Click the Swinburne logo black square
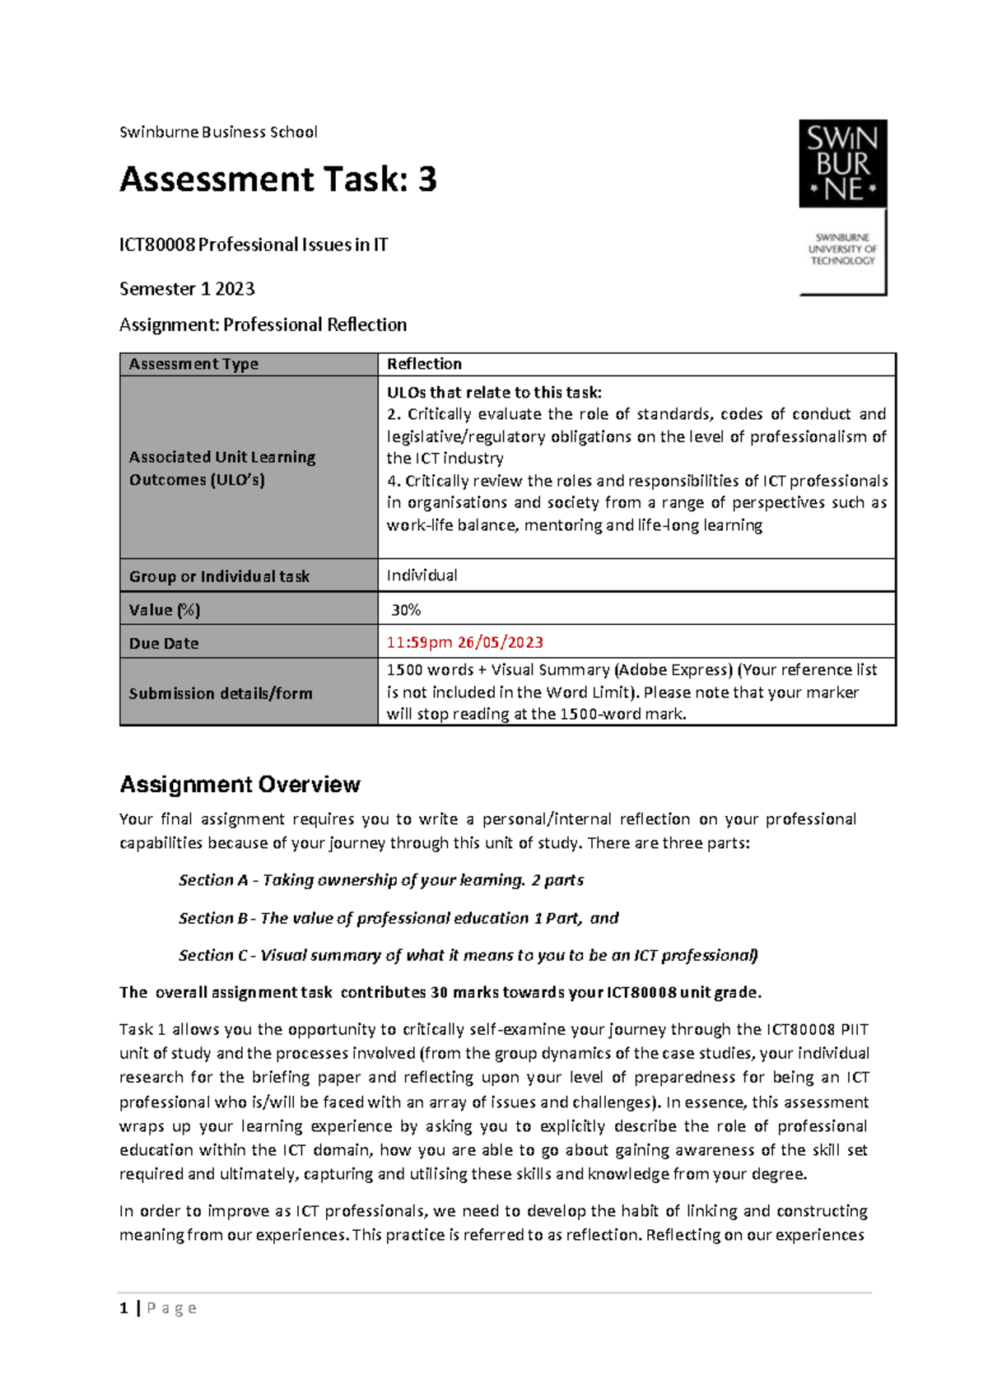[x=842, y=164]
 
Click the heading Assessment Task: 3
[x=277, y=179]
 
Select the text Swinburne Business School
[x=218, y=132]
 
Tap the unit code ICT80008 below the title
[x=156, y=245]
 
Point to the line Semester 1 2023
[x=187, y=289]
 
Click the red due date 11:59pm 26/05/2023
[x=464, y=642]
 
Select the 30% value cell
[x=406, y=609]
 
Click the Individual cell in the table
[x=422, y=576]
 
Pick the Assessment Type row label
[x=193, y=364]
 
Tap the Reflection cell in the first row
[x=424, y=364]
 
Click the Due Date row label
[x=164, y=643]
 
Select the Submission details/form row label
[x=221, y=693]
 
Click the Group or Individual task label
[x=219, y=576]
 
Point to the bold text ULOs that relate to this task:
[x=494, y=393]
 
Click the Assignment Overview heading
[x=240, y=785]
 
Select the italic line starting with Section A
[x=380, y=880]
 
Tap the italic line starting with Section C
[x=468, y=955]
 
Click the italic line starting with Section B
[x=398, y=918]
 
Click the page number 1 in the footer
[x=123, y=1308]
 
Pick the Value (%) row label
[x=165, y=610]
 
